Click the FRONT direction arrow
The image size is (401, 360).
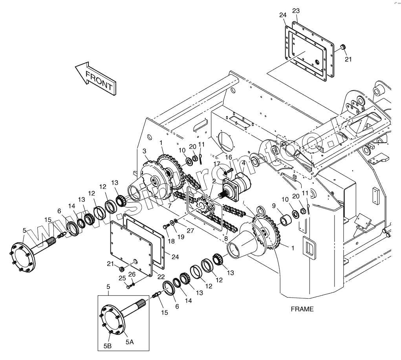(95, 78)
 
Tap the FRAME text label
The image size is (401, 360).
(302, 309)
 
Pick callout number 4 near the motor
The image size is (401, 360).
(244, 163)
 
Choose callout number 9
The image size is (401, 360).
(274, 205)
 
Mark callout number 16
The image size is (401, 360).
(229, 157)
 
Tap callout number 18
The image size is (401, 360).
(171, 241)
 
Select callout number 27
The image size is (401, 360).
(190, 230)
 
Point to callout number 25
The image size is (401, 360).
(122, 278)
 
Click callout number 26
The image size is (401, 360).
(132, 274)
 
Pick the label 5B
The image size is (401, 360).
(108, 346)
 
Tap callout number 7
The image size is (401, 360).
(169, 206)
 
